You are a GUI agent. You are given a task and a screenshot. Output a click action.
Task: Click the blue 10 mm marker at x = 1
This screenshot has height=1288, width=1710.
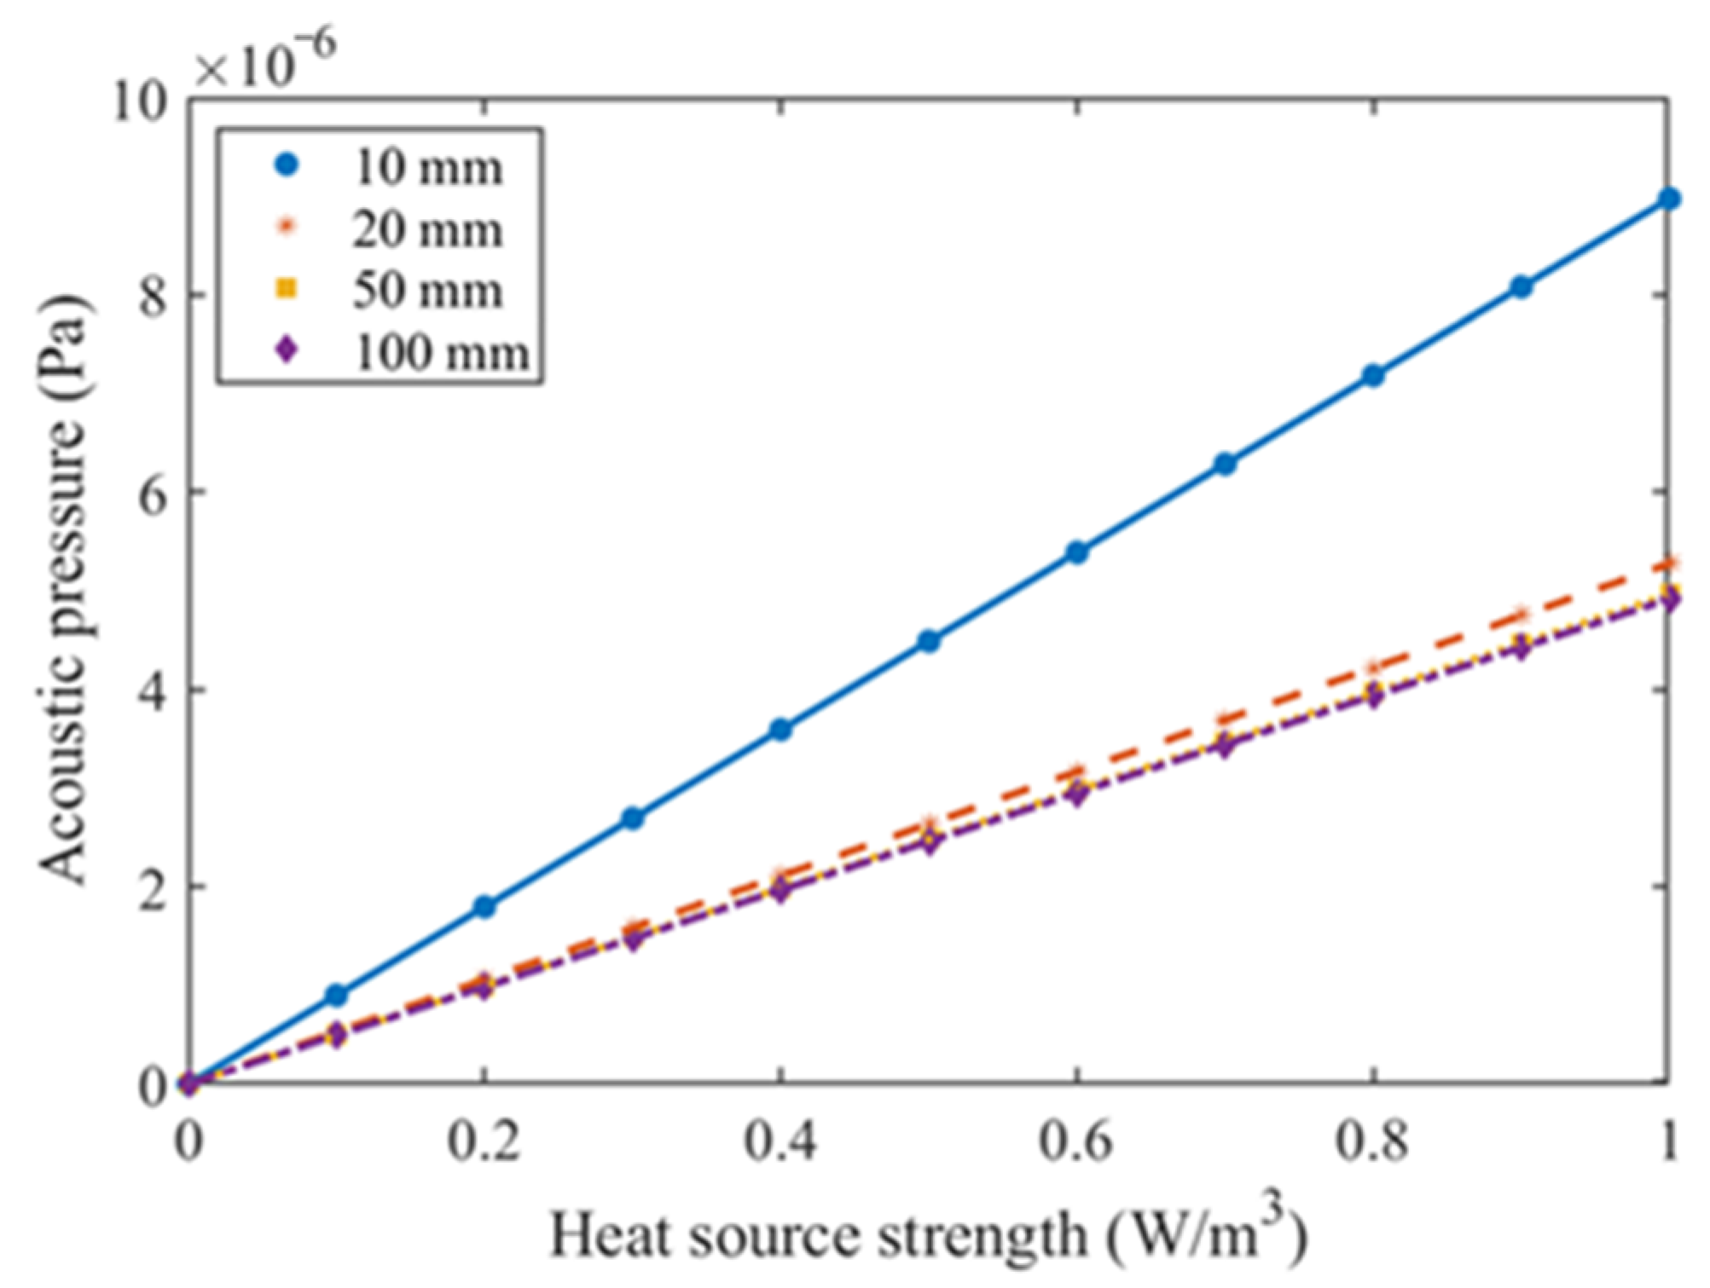point(1669,199)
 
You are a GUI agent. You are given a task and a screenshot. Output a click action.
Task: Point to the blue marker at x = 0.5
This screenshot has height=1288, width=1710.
point(929,641)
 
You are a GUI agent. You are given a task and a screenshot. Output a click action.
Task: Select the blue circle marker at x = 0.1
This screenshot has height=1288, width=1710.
point(337,995)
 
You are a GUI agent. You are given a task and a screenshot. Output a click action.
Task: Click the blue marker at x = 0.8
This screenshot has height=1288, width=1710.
point(1373,375)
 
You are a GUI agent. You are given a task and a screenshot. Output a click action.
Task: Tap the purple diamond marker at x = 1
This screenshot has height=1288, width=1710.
point(1669,600)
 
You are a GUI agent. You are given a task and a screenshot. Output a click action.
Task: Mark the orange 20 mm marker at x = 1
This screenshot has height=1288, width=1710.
point(1669,563)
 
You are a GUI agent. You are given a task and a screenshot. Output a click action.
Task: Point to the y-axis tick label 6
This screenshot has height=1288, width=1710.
point(152,493)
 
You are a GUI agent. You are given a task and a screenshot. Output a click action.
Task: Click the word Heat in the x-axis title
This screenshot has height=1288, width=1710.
point(612,1235)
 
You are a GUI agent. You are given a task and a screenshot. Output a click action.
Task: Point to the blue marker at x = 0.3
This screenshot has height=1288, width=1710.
point(633,818)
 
